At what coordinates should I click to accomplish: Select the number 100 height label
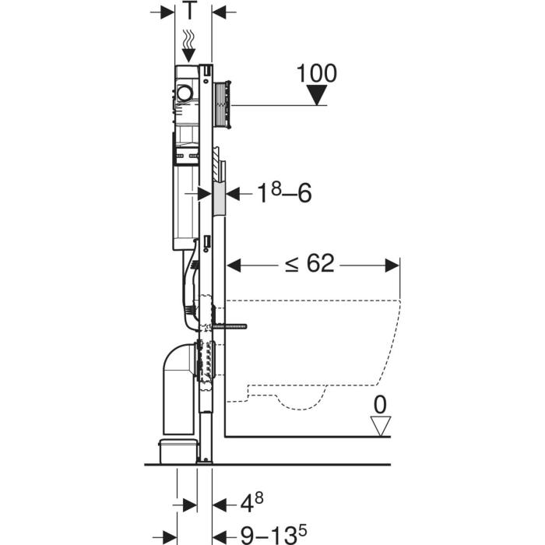click(316, 73)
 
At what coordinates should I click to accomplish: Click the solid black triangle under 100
click(316, 96)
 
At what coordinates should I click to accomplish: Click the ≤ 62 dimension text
click(308, 265)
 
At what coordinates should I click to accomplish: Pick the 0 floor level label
click(381, 405)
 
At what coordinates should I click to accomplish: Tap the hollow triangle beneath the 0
click(381, 426)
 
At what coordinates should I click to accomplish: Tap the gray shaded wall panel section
click(219, 199)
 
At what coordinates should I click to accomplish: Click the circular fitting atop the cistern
click(185, 94)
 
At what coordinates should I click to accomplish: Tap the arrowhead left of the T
click(168, 12)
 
